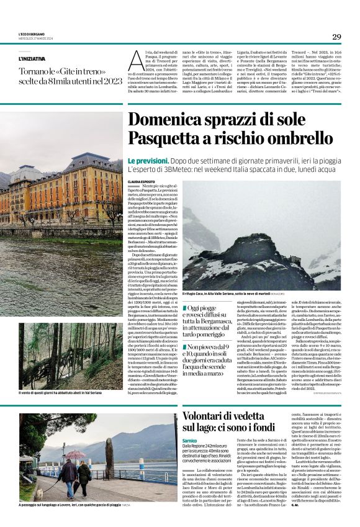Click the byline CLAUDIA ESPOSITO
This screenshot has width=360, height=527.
pyautogui.click(x=142, y=181)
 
